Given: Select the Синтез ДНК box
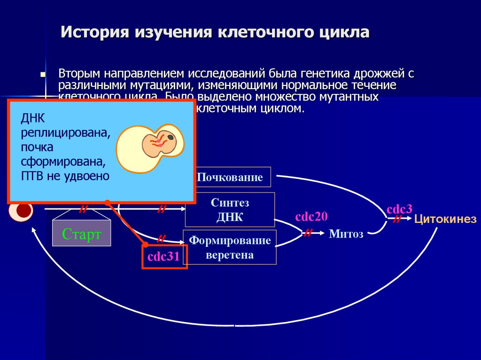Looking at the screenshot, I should coord(230,209).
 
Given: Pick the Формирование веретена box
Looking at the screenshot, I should coord(230,247).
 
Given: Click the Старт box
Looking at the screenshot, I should coord(82,233).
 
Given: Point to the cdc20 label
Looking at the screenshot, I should coord(311,216).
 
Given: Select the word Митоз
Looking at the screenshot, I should coord(346,234).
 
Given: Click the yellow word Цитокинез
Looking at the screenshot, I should coord(445,219).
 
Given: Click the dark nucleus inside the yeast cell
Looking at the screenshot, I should coord(170,137).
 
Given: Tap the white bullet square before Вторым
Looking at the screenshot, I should coord(43,75).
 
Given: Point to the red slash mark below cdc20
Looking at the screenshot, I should coord(309,232).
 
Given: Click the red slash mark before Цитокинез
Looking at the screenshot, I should coord(397,219).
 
